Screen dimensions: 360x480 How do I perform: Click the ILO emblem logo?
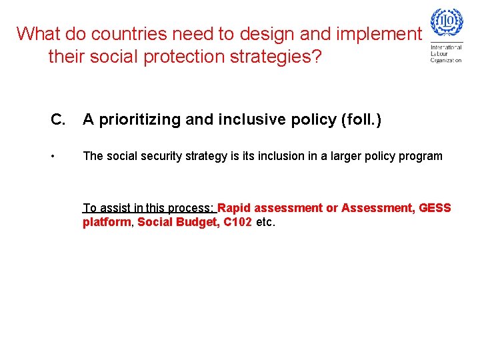tap(446, 25)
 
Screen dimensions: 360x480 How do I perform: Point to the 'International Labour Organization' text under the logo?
tap(446, 53)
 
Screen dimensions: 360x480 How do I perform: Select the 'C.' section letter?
tap(58, 120)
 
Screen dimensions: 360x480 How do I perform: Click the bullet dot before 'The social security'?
tap(53, 157)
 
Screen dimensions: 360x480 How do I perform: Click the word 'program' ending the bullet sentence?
tap(421, 156)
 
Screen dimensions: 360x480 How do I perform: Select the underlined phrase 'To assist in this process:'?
tap(149, 208)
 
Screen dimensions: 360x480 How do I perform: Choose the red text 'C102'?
tap(237, 222)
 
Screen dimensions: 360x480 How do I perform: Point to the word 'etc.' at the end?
tap(265, 222)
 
